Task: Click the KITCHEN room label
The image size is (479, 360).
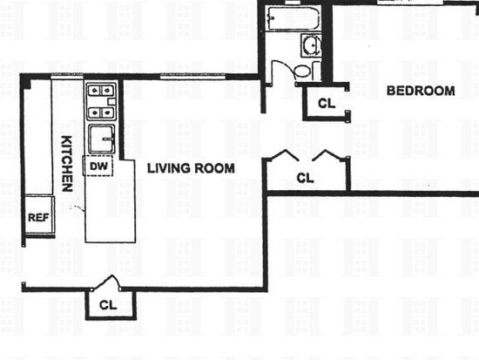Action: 67,164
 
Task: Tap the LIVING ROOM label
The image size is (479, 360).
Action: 191,168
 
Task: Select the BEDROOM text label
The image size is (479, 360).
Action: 421,91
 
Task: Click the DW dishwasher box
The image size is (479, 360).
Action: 98,166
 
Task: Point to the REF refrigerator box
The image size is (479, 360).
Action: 39,215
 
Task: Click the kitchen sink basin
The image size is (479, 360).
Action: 102,139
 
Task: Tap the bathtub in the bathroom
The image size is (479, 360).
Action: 293,17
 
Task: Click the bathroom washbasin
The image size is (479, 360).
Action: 311,46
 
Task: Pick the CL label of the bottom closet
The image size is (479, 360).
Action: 108,305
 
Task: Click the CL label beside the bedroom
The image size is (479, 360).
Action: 327,104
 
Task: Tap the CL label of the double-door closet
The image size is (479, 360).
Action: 305,178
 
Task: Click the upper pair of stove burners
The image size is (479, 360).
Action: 101,91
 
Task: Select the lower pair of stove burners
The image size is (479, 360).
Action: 101,113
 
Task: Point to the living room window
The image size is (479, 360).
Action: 192,76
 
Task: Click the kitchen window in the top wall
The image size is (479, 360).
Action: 67,76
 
